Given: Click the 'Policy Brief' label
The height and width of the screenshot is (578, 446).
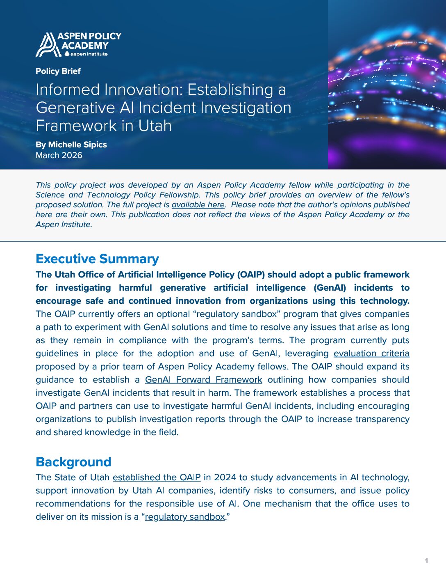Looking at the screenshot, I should [x=58, y=71].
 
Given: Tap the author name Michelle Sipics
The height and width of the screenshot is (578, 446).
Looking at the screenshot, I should [x=77, y=144].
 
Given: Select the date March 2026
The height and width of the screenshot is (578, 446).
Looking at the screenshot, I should [x=59, y=155].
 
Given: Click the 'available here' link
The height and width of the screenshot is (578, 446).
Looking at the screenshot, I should [x=198, y=204].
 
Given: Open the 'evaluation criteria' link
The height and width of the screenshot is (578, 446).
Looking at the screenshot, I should [x=371, y=353].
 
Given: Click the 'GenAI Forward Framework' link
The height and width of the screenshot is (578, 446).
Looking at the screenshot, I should [x=203, y=380].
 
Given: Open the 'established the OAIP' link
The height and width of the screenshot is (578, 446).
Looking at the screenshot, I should [x=157, y=477].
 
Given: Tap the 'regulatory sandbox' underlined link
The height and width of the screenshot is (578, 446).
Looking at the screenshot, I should [x=185, y=517].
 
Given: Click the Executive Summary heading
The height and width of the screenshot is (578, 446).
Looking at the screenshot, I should [x=97, y=259].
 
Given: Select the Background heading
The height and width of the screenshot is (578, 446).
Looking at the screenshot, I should [x=73, y=462].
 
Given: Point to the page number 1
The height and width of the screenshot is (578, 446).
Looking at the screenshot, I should [x=426, y=561].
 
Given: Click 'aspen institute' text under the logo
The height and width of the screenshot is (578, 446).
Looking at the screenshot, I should [x=89, y=54].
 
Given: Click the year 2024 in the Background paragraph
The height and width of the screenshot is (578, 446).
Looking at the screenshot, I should [x=225, y=477].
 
